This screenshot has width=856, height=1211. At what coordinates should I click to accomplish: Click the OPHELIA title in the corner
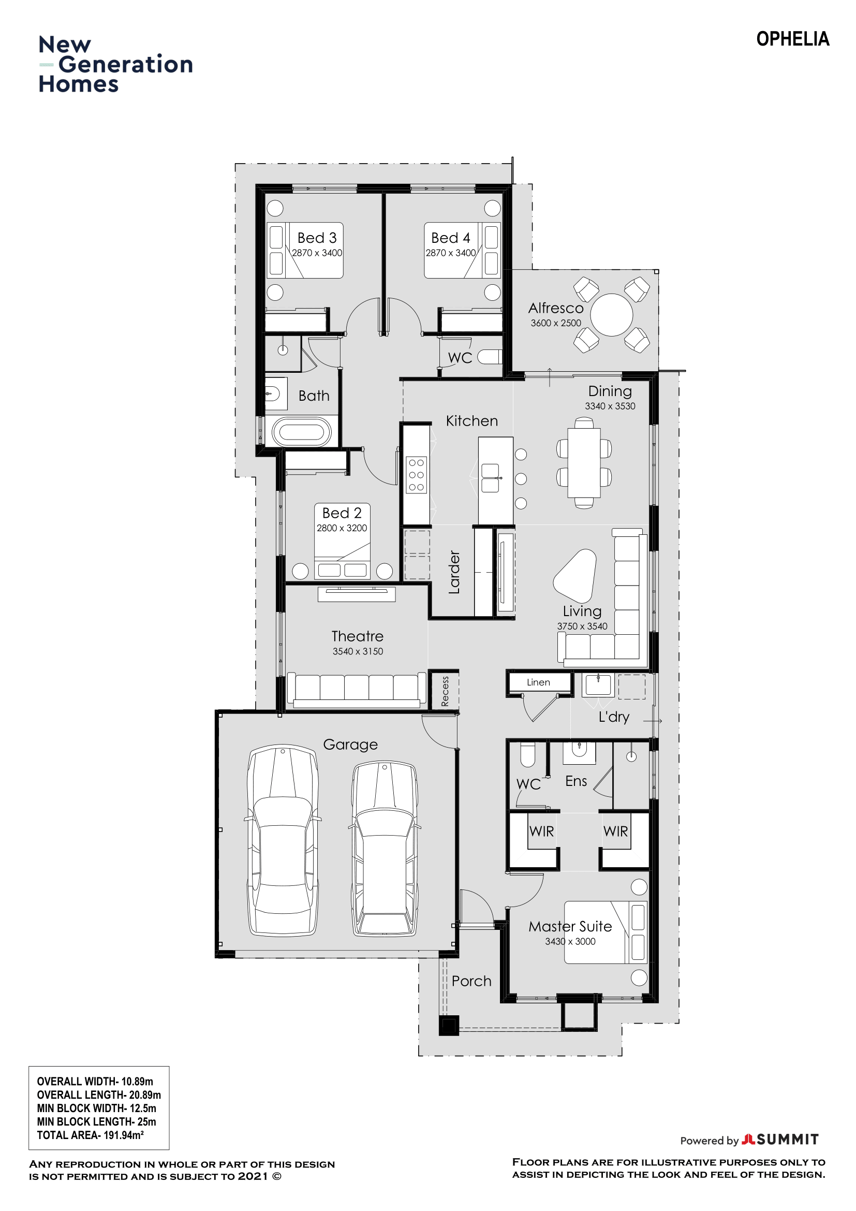point(792,39)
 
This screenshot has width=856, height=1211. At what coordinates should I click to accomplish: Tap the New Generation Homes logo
point(115,64)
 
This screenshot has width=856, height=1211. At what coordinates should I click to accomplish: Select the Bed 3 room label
point(317,238)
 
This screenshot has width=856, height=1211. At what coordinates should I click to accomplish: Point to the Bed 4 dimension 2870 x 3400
point(451,253)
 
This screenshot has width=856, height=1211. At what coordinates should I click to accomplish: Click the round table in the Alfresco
point(611,315)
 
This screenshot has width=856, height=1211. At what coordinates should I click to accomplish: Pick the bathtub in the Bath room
point(302,432)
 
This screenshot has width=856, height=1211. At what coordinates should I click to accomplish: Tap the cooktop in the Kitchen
point(417,475)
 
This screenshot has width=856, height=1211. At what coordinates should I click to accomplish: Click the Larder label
point(454,572)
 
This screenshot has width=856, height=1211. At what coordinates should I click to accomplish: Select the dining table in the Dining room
point(584,462)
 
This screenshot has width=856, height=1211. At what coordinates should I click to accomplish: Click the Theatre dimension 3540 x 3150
point(358,651)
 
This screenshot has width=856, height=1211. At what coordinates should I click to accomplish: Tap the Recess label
point(445,692)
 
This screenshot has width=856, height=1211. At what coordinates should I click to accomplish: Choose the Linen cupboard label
point(538,682)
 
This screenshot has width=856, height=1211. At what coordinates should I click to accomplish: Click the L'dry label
point(614,717)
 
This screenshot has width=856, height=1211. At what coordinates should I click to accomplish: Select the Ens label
point(575,781)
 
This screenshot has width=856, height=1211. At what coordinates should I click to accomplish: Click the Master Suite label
point(570,927)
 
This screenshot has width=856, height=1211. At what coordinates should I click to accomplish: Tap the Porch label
point(471,982)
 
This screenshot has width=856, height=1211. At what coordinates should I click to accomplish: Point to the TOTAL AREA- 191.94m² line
point(90,1135)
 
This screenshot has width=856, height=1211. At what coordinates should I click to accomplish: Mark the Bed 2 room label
point(342,513)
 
